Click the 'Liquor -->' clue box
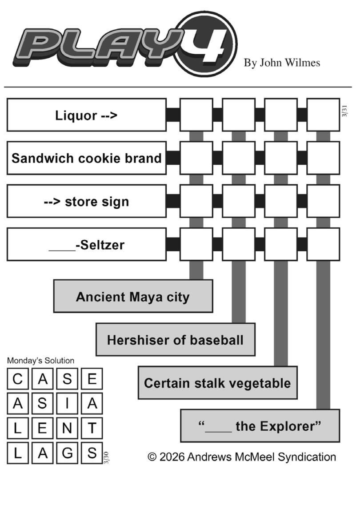(87, 115)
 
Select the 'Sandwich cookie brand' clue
(87, 158)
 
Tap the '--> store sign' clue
(87, 202)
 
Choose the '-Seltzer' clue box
(87, 245)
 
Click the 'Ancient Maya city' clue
(133, 297)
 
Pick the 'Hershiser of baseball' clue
(175, 340)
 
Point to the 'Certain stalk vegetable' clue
(217, 383)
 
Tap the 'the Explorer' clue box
(260, 426)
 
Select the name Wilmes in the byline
(303, 63)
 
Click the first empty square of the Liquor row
(196, 115)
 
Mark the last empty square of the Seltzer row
(323, 244)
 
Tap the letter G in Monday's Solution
(67, 453)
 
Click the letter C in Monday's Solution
(17, 379)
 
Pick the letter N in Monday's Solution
(67, 429)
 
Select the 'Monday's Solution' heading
(41, 361)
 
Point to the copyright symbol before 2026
(152, 457)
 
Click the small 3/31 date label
(344, 111)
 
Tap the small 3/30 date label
(106, 457)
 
